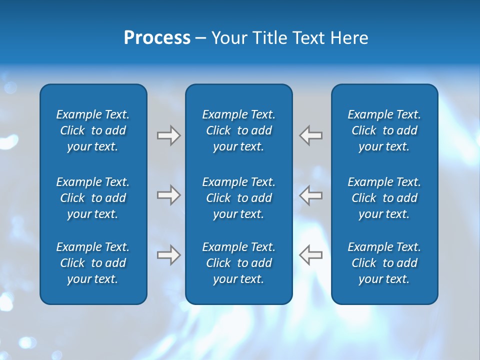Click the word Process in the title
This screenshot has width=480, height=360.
click(x=157, y=38)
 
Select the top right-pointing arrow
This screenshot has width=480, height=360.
click(x=168, y=135)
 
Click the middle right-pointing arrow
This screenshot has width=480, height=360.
click(x=168, y=195)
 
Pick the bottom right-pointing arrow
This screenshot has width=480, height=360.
click(x=168, y=255)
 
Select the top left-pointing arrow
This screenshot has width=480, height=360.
click(x=311, y=135)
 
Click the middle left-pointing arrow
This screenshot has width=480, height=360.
click(x=311, y=195)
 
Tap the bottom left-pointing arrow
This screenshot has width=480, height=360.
click(x=311, y=255)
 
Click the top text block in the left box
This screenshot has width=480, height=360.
click(x=93, y=130)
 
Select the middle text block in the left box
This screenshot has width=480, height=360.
click(x=93, y=198)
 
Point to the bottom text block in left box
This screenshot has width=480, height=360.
click(x=93, y=263)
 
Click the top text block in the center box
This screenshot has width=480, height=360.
click(x=238, y=130)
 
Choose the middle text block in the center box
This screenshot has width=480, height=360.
click(x=238, y=198)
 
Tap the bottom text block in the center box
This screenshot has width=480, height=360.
click(x=238, y=263)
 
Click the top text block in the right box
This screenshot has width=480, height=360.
click(x=384, y=130)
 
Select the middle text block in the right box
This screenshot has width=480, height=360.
click(x=384, y=198)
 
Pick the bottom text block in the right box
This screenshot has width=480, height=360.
click(x=384, y=263)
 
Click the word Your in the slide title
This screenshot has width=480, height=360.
click(x=228, y=38)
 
